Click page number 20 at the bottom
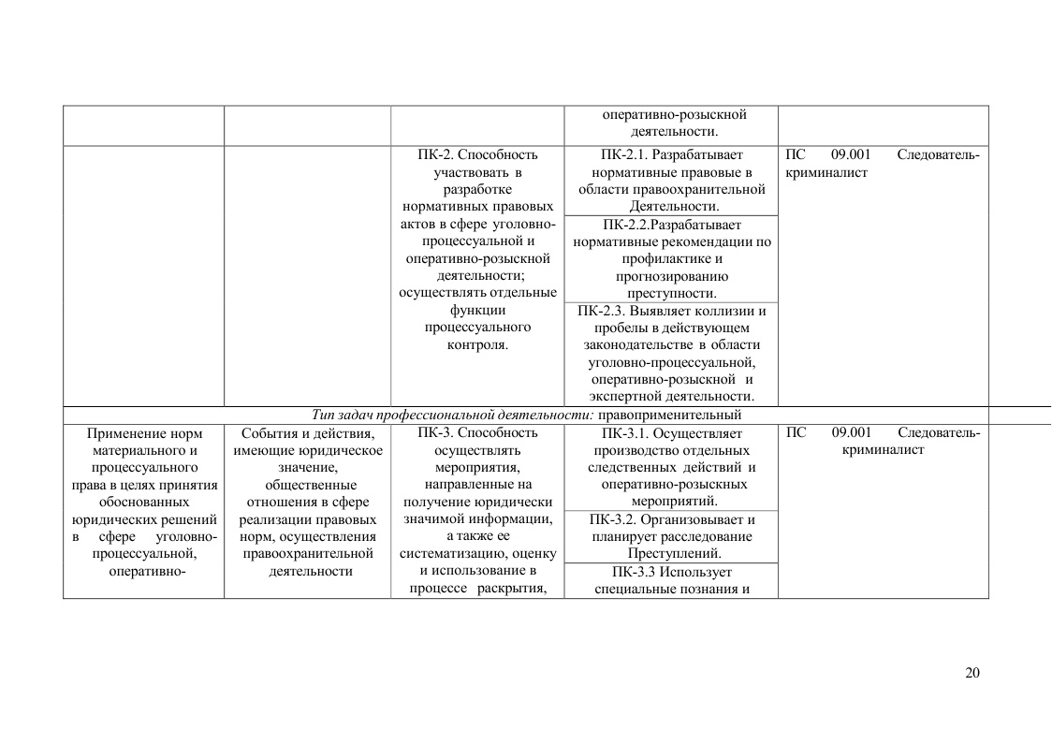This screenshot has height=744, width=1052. coord(972,673)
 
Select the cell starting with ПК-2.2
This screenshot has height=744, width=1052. coord(671,259)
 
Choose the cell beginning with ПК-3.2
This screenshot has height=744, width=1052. coord(671,536)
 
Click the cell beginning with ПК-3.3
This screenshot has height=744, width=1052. coord(671,580)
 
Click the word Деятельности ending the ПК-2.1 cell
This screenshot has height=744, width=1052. coord(674,206)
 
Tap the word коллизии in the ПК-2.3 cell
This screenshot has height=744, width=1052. coord(729,311)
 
